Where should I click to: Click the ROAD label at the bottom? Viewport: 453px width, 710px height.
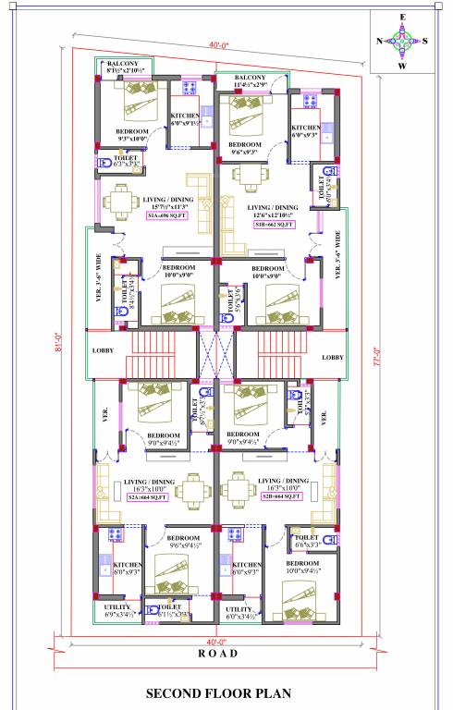point(218,654)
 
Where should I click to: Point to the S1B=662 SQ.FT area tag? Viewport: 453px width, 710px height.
point(273,225)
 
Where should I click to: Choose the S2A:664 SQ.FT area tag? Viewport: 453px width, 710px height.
point(148,497)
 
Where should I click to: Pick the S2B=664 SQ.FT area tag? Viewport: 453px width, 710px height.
point(282,497)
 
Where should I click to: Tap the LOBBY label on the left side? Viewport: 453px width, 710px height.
point(102,351)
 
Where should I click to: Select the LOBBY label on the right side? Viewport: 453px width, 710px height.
point(333,358)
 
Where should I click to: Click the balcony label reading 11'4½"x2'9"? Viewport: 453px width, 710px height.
point(251,81)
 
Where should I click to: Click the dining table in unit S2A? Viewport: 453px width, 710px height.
point(194,490)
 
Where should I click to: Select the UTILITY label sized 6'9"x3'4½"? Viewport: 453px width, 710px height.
point(117,610)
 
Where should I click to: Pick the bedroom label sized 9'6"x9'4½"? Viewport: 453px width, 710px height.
point(183,542)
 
